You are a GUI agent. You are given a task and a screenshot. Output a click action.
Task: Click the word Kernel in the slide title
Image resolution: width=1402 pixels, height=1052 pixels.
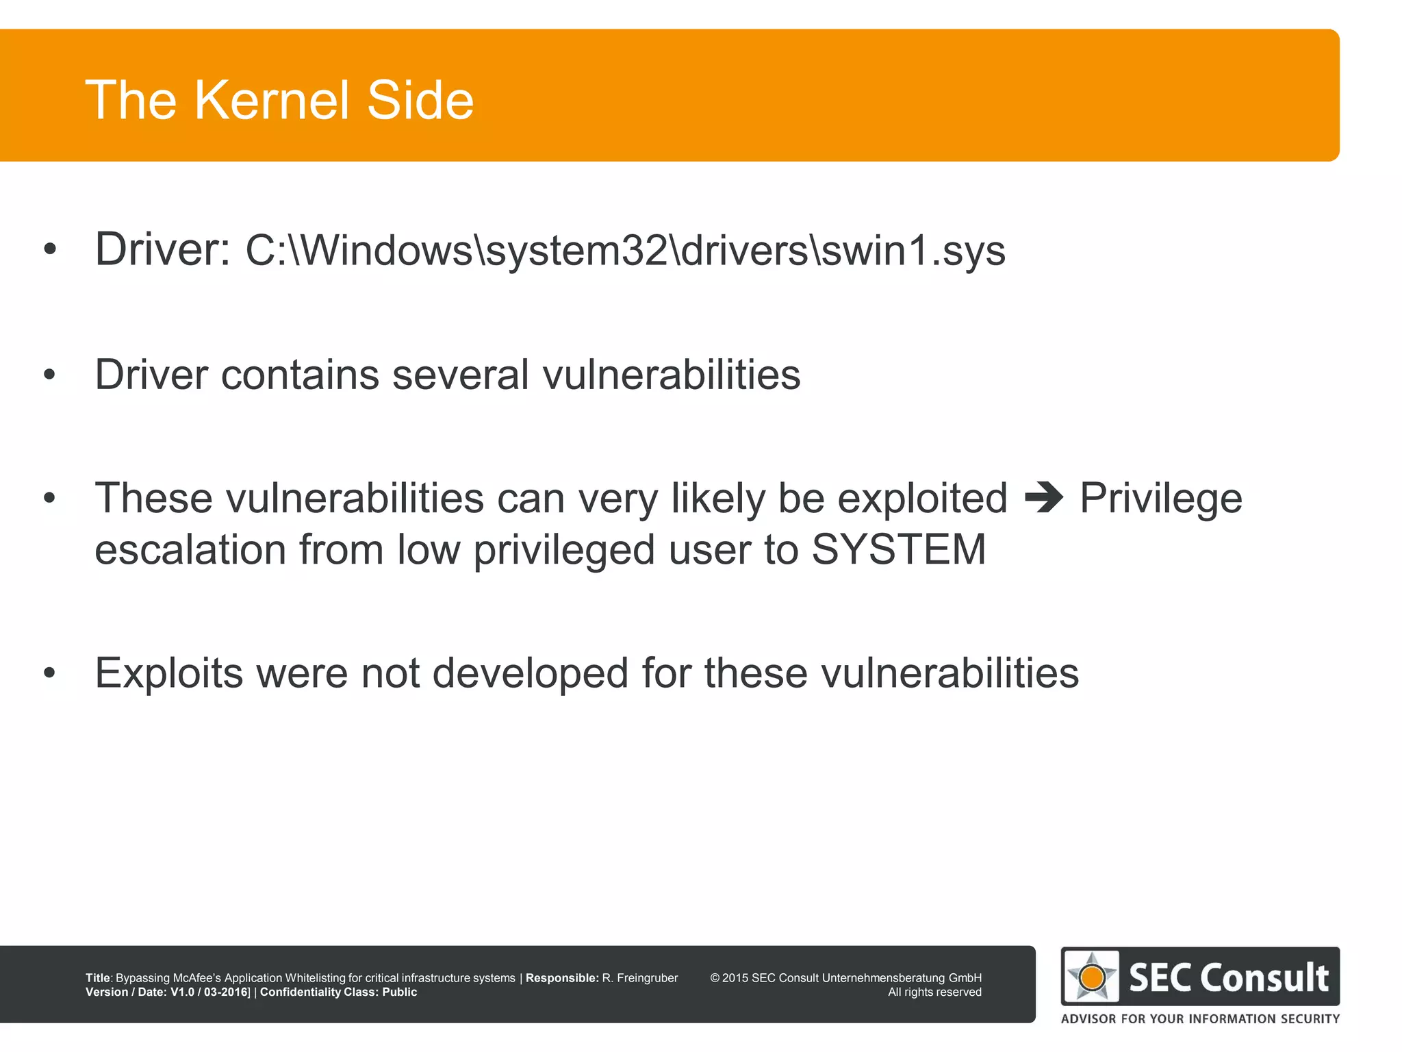click(x=272, y=100)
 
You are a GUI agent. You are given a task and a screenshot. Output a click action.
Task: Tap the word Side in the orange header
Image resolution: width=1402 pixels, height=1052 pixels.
click(x=420, y=100)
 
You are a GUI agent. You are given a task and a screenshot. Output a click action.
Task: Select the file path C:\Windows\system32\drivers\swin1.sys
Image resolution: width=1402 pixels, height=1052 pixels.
click(x=625, y=251)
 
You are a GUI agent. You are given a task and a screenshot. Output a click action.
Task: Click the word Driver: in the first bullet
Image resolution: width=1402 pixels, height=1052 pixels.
click(x=162, y=249)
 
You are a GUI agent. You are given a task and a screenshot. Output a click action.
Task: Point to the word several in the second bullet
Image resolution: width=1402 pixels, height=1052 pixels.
click(x=461, y=375)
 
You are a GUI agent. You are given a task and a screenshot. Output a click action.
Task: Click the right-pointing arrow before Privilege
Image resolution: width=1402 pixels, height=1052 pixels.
click(x=1044, y=498)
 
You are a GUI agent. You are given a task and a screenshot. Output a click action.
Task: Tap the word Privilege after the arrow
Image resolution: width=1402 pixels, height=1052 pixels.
click(x=1161, y=498)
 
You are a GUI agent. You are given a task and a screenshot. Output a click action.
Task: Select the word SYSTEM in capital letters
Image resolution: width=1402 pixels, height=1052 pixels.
click(x=898, y=549)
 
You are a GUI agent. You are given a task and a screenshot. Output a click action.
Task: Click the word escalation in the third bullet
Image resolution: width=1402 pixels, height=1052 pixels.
click(x=190, y=549)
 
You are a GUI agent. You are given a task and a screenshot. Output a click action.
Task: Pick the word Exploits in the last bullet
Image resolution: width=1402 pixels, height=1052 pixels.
click(x=169, y=673)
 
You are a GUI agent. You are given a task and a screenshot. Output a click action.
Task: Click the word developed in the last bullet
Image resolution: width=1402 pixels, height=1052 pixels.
click(x=531, y=673)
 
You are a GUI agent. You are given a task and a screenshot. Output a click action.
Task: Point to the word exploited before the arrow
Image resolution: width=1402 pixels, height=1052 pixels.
click(x=922, y=498)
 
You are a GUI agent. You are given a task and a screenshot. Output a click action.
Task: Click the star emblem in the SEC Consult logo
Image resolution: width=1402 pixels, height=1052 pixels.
click(x=1091, y=977)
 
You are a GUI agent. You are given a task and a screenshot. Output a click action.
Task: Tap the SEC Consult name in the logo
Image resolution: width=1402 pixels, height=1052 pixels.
click(x=1229, y=977)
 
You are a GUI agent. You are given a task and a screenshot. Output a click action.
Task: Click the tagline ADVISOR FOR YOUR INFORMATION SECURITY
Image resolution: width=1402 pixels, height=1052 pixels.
click(x=1200, y=1018)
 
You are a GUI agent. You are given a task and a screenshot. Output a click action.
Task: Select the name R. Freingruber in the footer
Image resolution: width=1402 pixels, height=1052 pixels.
click(x=640, y=978)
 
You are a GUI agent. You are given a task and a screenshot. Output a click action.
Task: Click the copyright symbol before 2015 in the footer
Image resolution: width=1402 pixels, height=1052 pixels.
click(x=715, y=978)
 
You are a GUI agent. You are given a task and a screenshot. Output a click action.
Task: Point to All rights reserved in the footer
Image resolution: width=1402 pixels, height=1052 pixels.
click(x=934, y=992)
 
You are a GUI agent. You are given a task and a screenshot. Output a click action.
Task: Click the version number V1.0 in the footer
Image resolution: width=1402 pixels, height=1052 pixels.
click(x=182, y=992)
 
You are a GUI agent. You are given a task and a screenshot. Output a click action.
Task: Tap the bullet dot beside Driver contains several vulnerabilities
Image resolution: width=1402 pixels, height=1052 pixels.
click(x=49, y=375)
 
